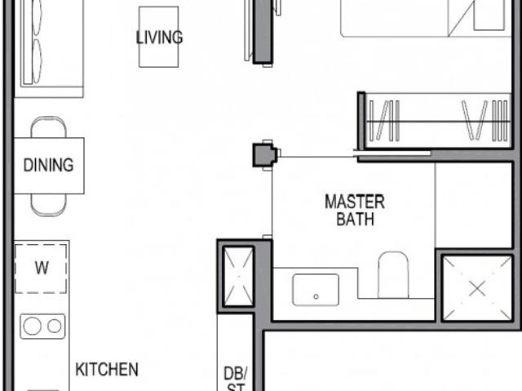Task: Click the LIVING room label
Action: tap(159, 38)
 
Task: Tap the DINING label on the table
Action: tap(48, 165)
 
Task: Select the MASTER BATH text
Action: tap(354, 210)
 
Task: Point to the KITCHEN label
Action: tap(107, 370)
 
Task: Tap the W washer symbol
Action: tap(42, 267)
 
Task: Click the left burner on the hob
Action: tap(32, 327)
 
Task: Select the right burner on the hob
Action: tap(55, 327)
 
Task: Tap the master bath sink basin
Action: tap(316, 289)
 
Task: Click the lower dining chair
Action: tap(48, 205)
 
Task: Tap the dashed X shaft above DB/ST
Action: tap(237, 274)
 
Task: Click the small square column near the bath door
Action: tap(263, 154)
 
